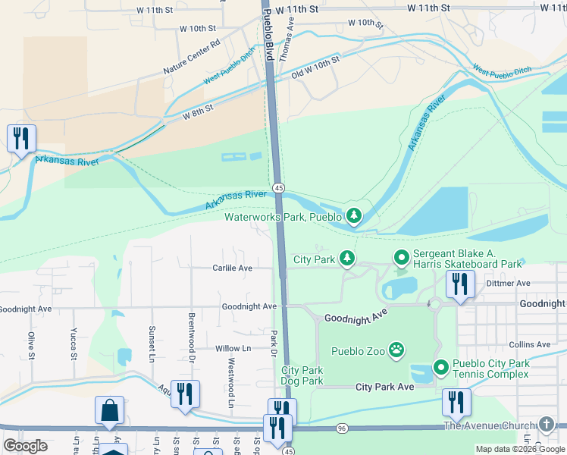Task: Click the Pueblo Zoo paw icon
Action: click(396, 350)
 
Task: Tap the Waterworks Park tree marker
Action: click(353, 217)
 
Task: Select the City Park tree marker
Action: click(346, 259)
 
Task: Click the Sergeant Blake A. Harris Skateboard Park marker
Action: click(401, 259)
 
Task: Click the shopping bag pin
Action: click(109, 410)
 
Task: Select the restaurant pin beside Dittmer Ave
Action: click(459, 285)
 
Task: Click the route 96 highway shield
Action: click(342, 428)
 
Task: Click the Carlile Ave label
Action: click(232, 268)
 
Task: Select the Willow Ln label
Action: click(233, 349)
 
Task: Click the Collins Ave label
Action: click(530, 344)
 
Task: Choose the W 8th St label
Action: click(198, 111)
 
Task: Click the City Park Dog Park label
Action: click(302, 375)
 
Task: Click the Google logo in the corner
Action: click(26, 446)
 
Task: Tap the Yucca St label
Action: click(74, 344)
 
